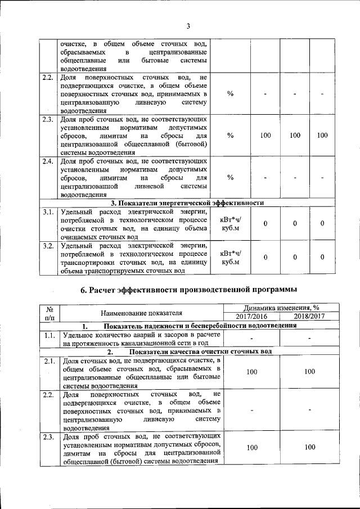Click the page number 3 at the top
(x=188, y=25)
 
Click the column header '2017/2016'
(x=251, y=316)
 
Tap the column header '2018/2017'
(x=309, y=316)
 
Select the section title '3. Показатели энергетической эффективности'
(x=187, y=203)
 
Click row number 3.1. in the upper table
(x=48, y=212)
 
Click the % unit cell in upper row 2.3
(x=230, y=136)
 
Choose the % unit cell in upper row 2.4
(x=230, y=178)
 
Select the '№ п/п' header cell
(x=49, y=312)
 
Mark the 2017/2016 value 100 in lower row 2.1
(x=251, y=372)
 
